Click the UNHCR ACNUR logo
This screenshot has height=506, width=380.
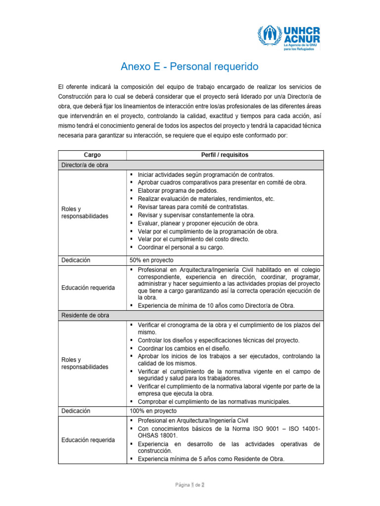tap(288, 38)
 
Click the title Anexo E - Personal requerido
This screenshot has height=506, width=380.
tap(190, 66)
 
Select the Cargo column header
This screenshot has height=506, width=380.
tap(93, 155)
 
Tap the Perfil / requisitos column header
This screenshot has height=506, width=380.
tap(225, 155)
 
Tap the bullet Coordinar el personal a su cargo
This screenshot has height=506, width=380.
tap(181, 247)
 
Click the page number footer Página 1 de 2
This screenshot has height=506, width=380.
tap(190, 485)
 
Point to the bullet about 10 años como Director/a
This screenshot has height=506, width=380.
tap(216, 305)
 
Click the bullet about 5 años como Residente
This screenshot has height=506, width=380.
tap(211, 459)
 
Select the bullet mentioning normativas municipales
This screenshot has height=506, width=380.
tap(214, 401)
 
